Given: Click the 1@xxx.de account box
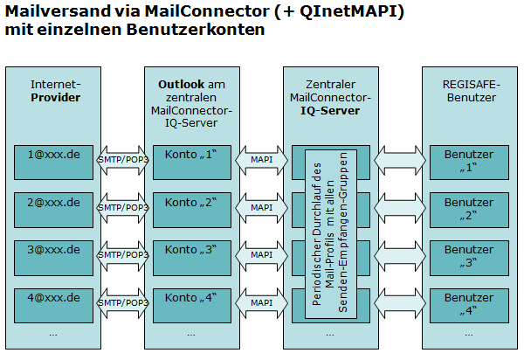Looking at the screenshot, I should click(x=54, y=161).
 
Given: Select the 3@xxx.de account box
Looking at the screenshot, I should click(x=54, y=255).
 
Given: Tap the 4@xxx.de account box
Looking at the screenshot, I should click(x=54, y=302).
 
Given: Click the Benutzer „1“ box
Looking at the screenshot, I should click(x=468, y=161).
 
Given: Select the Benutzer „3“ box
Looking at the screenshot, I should click(x=468, y=255).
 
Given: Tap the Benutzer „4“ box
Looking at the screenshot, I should click(x=468, y=302).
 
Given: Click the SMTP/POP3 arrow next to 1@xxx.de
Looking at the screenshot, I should click(x=123, y=161).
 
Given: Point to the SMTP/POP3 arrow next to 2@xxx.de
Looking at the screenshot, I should click(x=123, y=208).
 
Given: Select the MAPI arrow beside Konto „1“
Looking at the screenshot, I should click(x=260, y=161).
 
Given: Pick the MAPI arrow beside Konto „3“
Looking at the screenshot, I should click(x=260, y=255).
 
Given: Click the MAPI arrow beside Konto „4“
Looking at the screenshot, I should click(x=260, y=302).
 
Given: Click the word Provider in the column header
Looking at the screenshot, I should click(x=55, y=98).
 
